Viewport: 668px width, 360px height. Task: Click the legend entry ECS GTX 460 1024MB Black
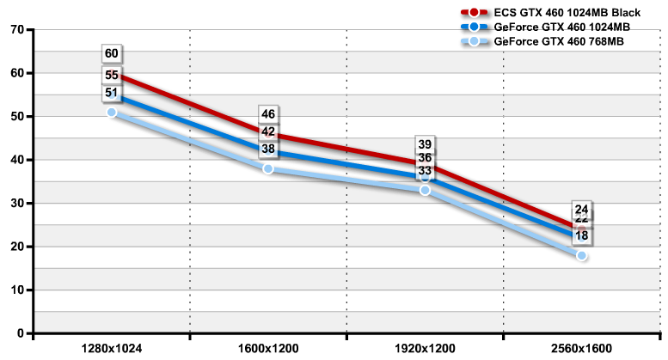[x=567, y=13]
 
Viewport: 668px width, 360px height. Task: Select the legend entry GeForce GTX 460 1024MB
[x=562, y=27]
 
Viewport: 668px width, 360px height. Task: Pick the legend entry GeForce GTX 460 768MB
[x=559, y=41]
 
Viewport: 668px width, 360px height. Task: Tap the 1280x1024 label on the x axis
[x=112, y=350]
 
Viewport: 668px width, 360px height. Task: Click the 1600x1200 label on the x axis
[x=268, y=350]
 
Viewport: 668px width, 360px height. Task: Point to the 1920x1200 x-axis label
[x=425, y=350]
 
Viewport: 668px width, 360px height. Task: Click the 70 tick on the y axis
[x=16, y=29]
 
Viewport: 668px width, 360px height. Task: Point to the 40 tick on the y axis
[x=16, y=160]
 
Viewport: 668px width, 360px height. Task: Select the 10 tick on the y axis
[x=16, y=290]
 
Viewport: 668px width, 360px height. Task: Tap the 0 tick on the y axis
[x=20, y=333]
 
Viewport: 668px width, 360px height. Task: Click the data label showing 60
[x=112, y=54]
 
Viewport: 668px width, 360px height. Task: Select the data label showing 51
[x=112, y=93]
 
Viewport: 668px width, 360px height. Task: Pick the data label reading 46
[x=268, y=114]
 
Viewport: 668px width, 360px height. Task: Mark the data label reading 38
[x=268, y=149]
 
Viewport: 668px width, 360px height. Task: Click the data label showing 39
[x=425, y=144]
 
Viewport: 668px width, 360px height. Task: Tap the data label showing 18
[x=582, y=235]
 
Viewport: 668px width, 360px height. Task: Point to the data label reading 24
[x=582, y=210]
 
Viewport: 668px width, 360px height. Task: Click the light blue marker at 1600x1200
[x=268, y=168]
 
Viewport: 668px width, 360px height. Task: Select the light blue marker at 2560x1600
[x=582, y=256]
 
